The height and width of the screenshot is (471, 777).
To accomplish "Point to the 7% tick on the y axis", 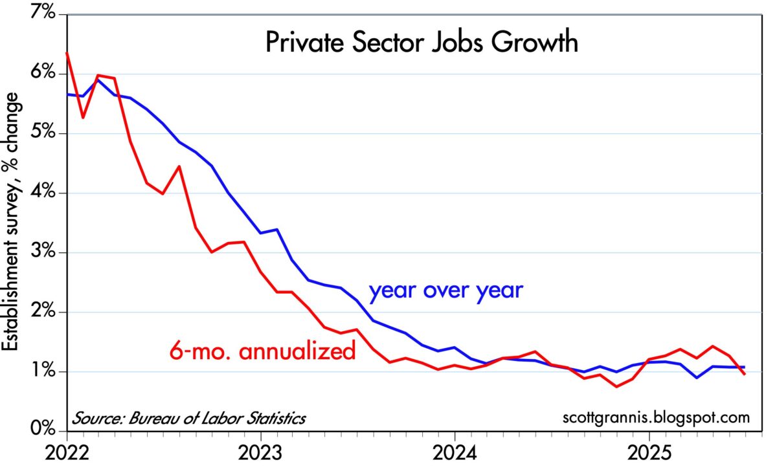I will [x=43, y=14].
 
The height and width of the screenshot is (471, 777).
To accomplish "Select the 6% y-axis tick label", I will [x=43, y=74].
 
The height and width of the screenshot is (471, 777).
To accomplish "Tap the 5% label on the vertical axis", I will [x=43, y=133].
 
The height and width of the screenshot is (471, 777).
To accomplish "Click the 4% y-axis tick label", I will [x=43, y=193].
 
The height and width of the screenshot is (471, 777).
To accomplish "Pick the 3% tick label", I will [x=43, y=252].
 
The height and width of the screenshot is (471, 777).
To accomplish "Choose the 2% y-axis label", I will [x=43, y=312].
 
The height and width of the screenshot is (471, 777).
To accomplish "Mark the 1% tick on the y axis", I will [x=43, y=371].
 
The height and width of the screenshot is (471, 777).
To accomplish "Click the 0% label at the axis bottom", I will [x=43, y=430].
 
